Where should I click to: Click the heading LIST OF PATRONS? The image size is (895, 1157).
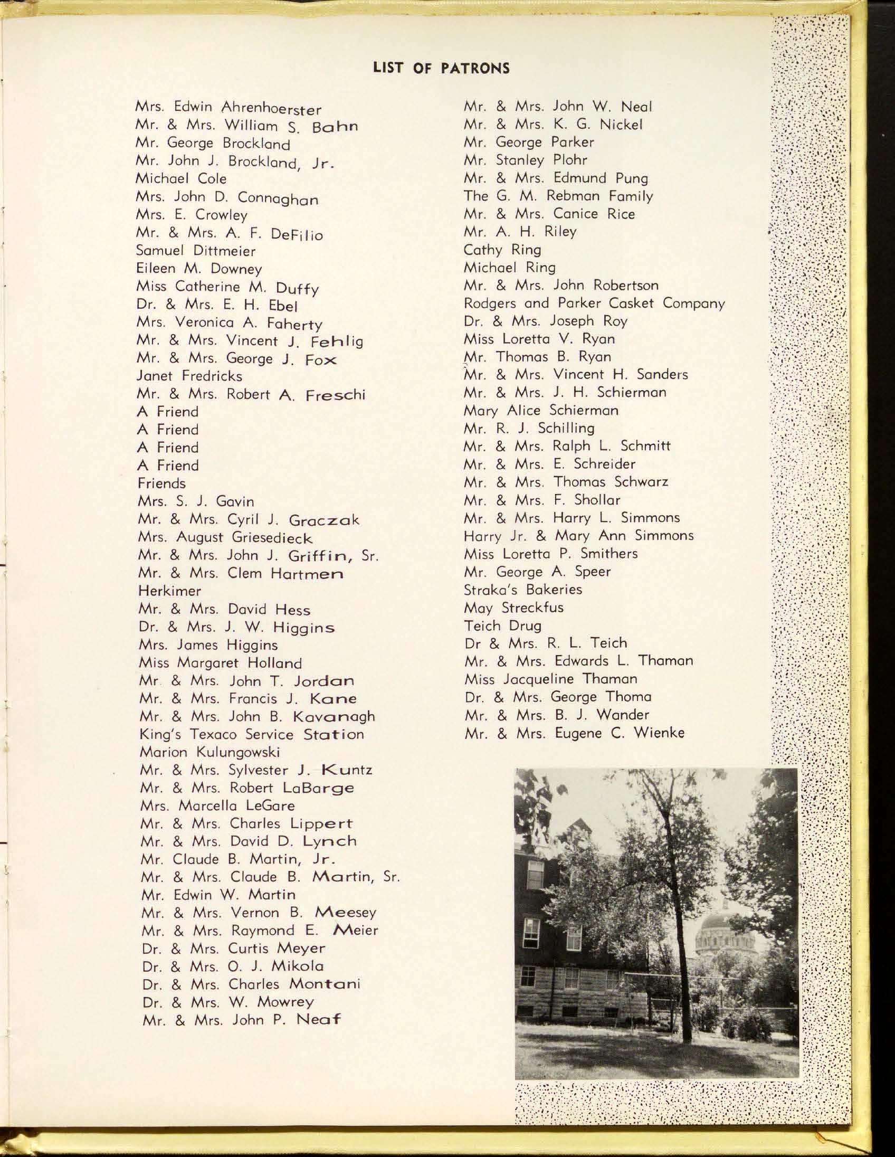click(441, 68)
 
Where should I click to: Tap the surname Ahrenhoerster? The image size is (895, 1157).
click(271, 109)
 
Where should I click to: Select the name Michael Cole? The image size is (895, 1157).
click(181, 178)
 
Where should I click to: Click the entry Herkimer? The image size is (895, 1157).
click(169, 590)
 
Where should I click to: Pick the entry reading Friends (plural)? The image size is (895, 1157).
click(161, 483)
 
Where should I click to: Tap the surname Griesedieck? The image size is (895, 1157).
click(272, 538)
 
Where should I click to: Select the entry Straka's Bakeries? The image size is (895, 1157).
click(522, 589)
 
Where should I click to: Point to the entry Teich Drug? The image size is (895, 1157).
click(502, 625)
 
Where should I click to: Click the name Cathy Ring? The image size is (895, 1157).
click(502, 250)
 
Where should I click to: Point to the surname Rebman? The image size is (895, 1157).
click(574, 196)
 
